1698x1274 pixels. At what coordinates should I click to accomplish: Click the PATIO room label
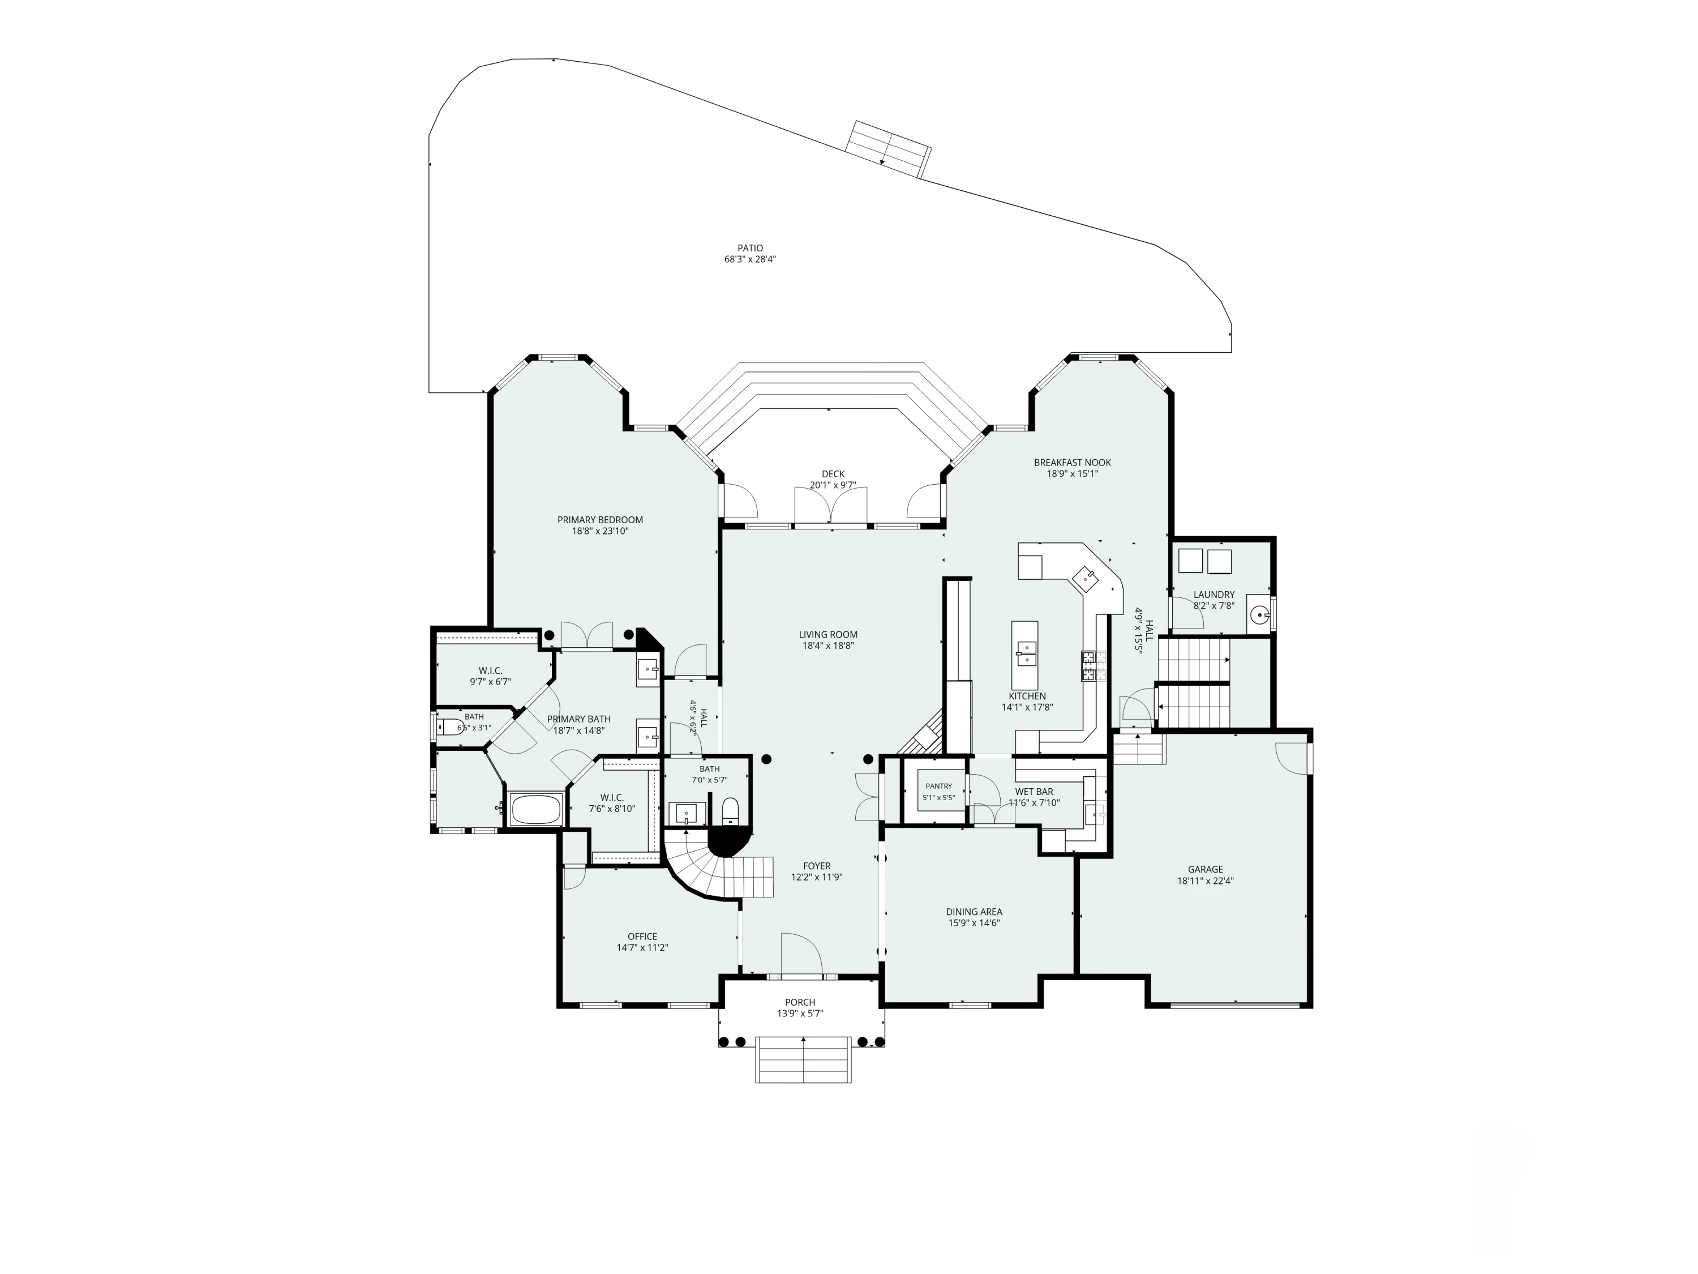point(750,248)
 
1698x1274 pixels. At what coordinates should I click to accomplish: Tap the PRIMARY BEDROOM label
point(601,520)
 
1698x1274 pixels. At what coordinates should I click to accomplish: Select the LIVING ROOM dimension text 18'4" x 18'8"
point(828,646)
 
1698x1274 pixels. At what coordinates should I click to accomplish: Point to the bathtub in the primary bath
point(537,810)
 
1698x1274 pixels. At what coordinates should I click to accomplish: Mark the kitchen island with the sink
point(1025,655)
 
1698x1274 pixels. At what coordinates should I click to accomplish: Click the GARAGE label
point(1205,869)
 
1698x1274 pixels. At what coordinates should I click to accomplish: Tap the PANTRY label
point(939,785)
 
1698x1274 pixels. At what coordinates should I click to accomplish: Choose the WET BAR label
point(1034,791)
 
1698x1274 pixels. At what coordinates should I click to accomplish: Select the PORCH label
point(800,1002)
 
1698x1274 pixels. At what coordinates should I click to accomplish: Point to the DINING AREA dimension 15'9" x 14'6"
point(974,923)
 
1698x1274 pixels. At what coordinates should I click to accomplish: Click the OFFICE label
point(642,936)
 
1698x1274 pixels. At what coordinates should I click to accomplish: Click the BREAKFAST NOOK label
point(1073,462)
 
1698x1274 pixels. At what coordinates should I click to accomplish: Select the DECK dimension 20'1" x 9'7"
point(833,485)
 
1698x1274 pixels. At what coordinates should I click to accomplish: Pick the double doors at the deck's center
point(831,507)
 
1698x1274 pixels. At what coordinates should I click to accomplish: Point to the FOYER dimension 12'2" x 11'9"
point(817,877)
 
